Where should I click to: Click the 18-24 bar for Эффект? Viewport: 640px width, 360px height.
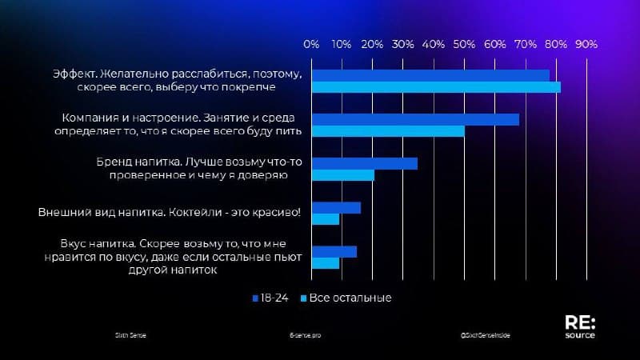point(430,75)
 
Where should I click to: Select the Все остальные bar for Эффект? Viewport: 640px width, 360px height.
point(436,87)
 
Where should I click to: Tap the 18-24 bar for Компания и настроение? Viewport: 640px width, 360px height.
point(415,119)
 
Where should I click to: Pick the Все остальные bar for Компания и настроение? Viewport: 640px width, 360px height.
point(388,131)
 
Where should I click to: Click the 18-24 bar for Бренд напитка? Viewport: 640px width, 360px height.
point(365,163)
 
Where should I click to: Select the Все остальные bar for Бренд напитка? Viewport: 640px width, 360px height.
point(343,175)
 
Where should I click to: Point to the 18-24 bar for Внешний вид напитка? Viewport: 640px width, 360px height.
point(336,207)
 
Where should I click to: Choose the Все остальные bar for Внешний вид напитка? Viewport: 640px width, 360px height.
point(326,219)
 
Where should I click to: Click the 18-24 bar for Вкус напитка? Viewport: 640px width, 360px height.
point(334,251)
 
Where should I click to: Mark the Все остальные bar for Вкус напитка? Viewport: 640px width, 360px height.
point(326,263)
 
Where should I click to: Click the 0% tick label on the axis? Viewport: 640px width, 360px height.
point(312,44)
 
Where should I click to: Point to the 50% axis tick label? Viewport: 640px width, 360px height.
point(464,44)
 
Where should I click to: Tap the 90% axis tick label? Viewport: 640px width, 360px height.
point(586,44)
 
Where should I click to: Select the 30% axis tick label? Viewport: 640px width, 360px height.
point(403,44)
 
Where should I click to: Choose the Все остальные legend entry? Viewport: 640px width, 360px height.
point(346,298)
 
